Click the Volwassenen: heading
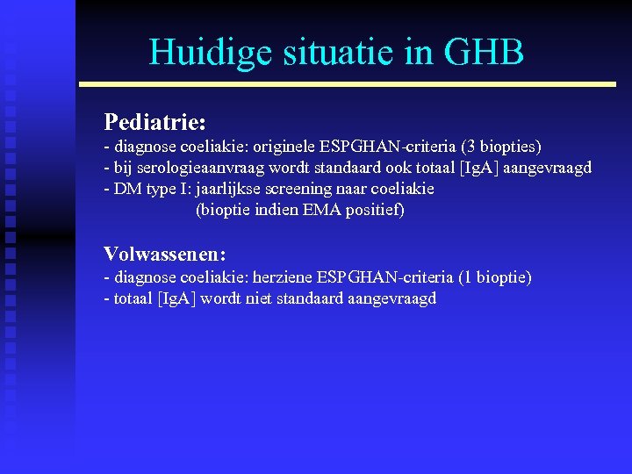(x=165, y=255)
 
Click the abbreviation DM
(x=125, y=190)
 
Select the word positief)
(x=376, y=211)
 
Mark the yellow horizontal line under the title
(x=348, y=84)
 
